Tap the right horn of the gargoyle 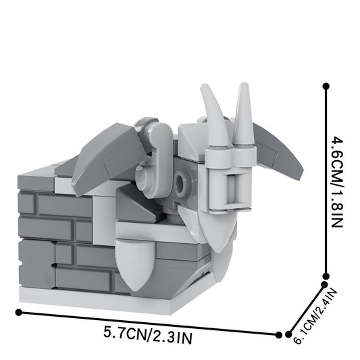click(x=244, y=115)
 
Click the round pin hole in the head click(x=183, y=180)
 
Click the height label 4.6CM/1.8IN click(x=338, y=182)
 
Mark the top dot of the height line click(x=326, y=86)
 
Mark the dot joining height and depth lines click(x=326, y=276)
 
